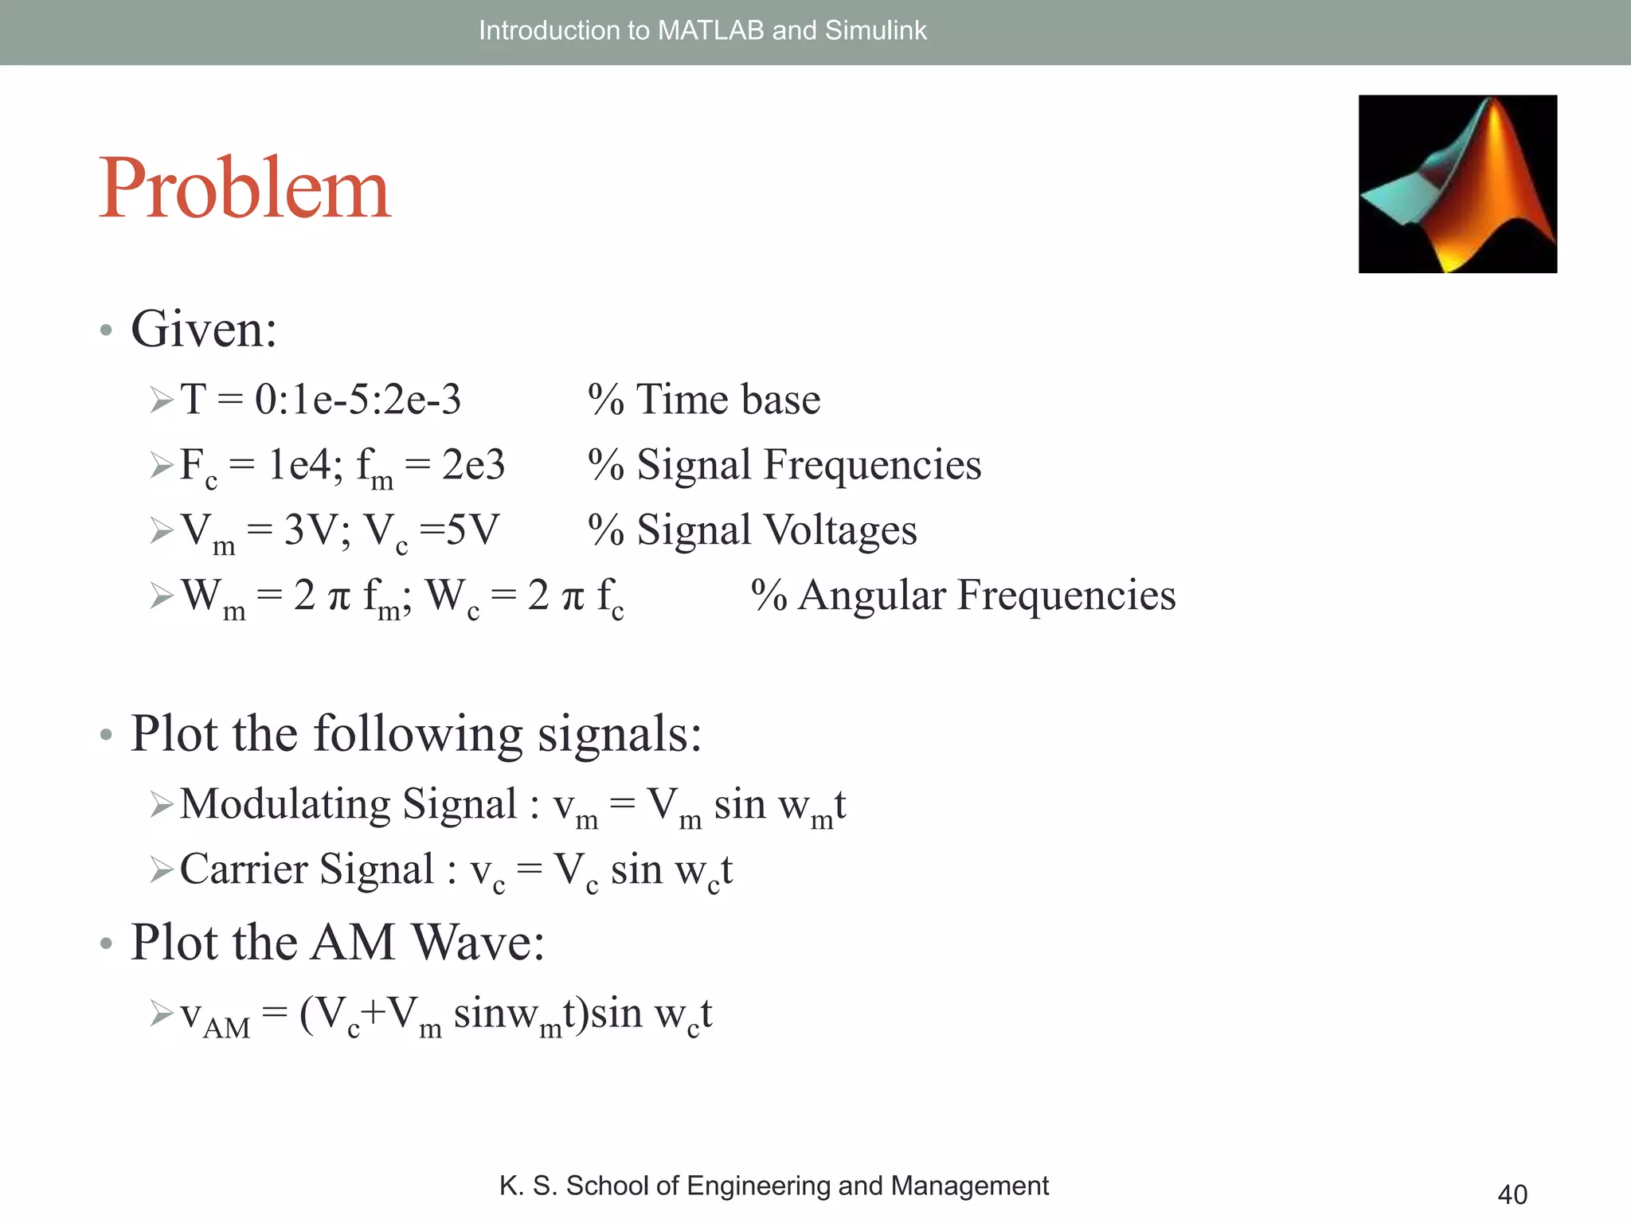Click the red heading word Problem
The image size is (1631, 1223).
click(x=244, y=189)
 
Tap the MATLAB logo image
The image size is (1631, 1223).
click(x=1457, y=184)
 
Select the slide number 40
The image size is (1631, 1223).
click(x=1512, y=1194)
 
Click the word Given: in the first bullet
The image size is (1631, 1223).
click(x=204, y=329)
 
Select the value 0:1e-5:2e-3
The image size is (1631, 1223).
click(x=358, y=399)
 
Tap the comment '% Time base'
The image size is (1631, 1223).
click(x=704, y=399)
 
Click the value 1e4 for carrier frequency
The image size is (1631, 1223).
click(x=299, y=464)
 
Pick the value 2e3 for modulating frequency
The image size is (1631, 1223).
click(x=473, y=464)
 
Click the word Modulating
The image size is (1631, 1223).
click(x=284, y=803)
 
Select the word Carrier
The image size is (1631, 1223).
click(x=243, y=869)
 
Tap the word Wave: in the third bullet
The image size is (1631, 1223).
click(x=479, y=943)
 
